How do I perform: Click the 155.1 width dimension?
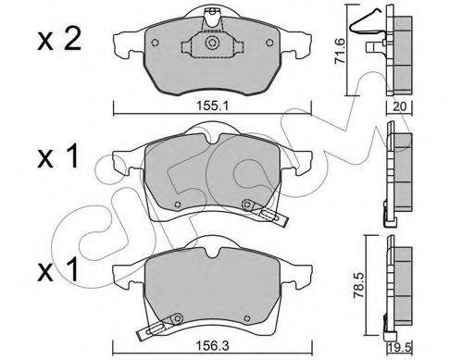(x=212, y=106)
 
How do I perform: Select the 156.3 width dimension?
(x=213, y=345)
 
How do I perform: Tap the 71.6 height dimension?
(x=341, y=50)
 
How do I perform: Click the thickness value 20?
(x=400, y=106)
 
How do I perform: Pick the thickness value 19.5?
(x=399, y=348)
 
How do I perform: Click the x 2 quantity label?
(x=59, y=39)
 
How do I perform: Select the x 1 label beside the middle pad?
(x=57, y=157)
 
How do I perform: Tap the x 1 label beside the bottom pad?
(x=57, y=270)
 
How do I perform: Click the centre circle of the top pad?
(x=212, y=43)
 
